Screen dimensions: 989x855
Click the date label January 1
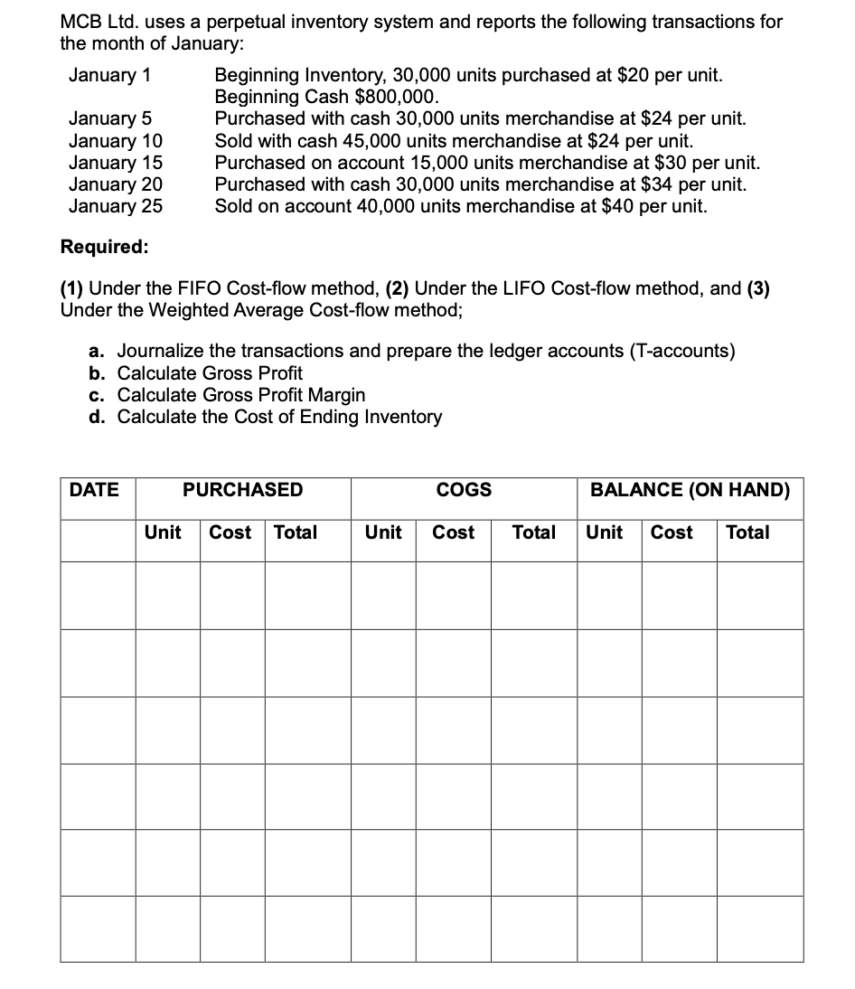(110, 75)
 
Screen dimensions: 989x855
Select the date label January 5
(110, 119)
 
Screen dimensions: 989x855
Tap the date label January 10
(116, 141)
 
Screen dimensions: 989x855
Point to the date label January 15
(116, 163)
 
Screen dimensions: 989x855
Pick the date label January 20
(116, 184)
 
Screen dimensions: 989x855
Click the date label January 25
(116, 206)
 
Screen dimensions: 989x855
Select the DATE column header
(94, 490)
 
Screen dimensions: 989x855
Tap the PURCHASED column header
(243, 490)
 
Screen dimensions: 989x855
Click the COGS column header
(464, 490)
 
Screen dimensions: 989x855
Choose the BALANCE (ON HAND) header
(690, 490)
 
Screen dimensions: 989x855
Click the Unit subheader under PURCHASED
(163, 532)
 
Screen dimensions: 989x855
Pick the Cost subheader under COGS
(453, 532)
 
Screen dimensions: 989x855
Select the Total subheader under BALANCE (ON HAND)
(747, 532)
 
